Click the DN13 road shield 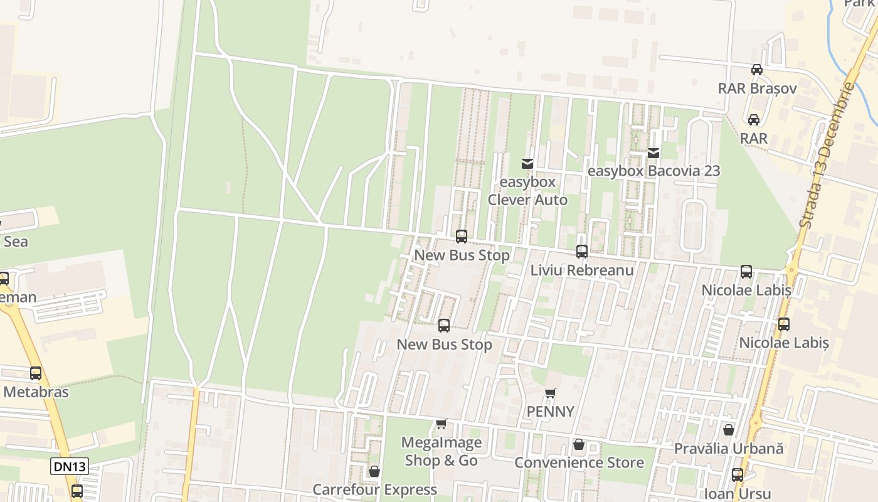(69, 466)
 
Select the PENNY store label (550, 412)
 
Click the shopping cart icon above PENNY (550, 393)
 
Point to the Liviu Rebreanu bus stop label (582, 270)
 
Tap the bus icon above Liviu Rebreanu (582, 252)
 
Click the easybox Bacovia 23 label (653, 171)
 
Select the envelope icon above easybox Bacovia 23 (653, 152)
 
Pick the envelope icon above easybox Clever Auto (527, 164)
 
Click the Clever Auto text (527, 200)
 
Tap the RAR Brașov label (757, 88)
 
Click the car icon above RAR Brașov (757, 70)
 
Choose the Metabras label (36, 392)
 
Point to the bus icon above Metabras (36, 373)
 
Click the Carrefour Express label (374, 489)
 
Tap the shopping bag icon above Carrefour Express (374, 471)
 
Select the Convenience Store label (579, 462)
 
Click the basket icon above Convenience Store (579, 444)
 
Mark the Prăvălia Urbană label (729, 449)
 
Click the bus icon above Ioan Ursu (738, 475)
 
